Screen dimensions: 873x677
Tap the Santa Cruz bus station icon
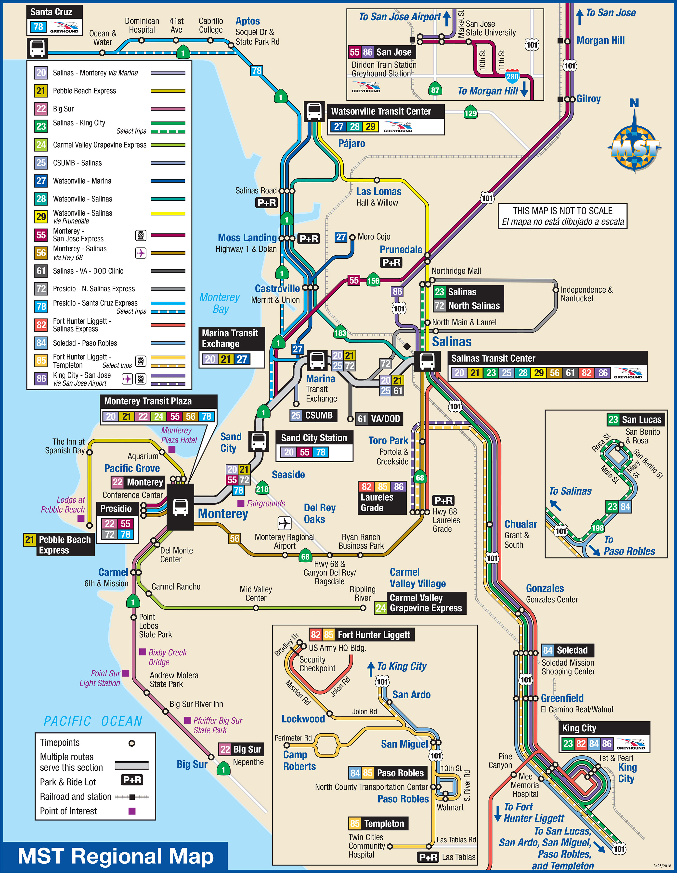pos(37,48)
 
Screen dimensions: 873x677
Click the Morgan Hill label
pos(600,40)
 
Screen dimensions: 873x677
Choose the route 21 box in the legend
pos(41,91)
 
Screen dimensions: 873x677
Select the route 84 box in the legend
pos(41,343)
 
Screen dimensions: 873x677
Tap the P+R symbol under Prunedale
pos(391,263)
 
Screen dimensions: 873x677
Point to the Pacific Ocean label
pos(93,721)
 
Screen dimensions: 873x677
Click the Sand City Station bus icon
pos(259,441)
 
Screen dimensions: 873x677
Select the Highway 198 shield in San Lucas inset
pos(597,528)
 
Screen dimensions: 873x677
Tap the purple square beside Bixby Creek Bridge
pos(143,652)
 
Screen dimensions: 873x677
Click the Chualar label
pos(521,524)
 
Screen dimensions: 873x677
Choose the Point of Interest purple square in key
pos(132,811)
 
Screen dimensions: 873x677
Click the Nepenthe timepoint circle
pos(211,757)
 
